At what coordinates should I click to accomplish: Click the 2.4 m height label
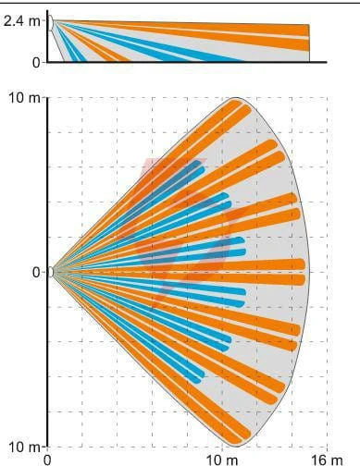point(21,21)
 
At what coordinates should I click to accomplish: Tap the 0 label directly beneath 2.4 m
point(36,63)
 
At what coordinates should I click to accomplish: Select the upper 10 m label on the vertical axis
point(24,98)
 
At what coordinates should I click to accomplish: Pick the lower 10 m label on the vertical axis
point(24,448)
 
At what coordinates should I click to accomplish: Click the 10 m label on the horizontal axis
point(222,460)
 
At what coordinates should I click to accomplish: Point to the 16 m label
point(327,460)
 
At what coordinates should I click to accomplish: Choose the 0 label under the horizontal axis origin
point(47,460)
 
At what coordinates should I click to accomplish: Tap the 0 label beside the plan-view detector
point(36,273)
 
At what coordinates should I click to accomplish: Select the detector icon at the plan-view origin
point(51,273)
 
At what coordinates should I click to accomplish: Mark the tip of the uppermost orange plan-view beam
point(238,103)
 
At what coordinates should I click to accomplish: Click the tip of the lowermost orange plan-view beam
point(238,442)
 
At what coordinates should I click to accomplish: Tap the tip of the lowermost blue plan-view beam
point(198,381)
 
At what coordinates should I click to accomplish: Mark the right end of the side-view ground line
point(327,62)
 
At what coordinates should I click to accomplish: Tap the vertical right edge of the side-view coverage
point(309,43)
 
